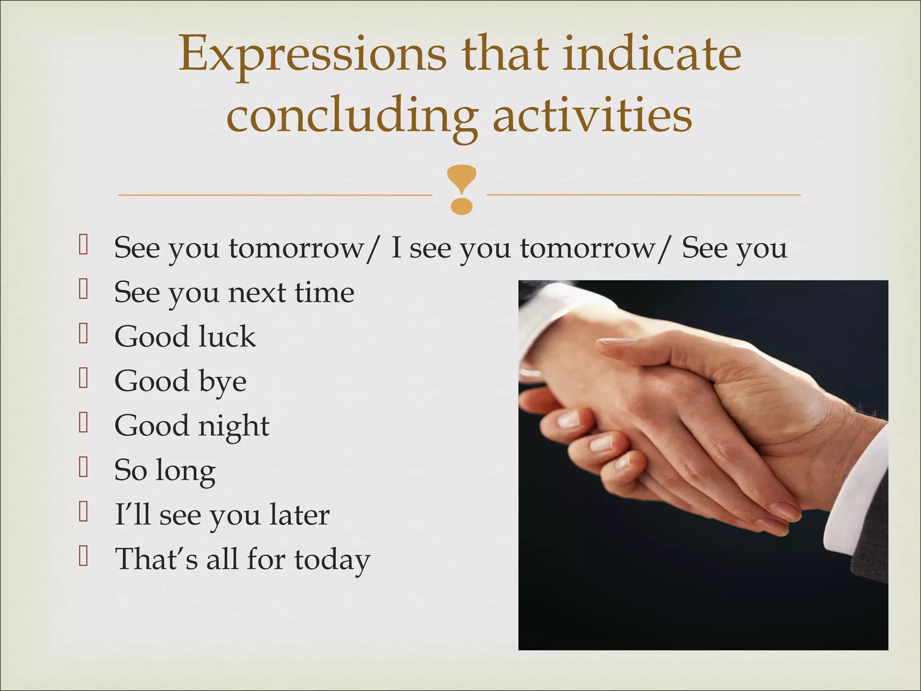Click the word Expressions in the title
tap(313, 55)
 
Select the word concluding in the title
tap(351, 116)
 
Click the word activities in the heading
tap(592, 116)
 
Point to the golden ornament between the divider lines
tap(461, 189)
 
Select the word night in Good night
tap(233, 426)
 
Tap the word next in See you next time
tap(257, 292)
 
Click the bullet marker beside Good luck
tap(83, 333)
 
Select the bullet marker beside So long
tap(83, 467)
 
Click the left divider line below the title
tap(274, 195)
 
